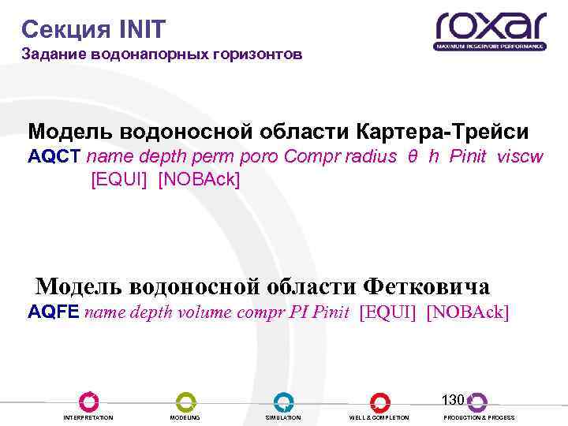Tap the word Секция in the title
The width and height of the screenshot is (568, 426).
click(66, 30)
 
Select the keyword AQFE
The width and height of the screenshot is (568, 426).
click(53, 312)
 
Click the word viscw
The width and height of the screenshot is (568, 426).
click(520, 155)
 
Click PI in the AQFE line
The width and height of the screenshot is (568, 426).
click(298, 312)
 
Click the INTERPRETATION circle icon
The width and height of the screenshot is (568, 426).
click(88, 402)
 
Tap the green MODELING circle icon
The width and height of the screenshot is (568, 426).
click(185, 402)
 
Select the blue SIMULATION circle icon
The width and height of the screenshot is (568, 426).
click(283, 402)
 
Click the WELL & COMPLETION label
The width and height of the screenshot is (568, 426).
click(379, 417)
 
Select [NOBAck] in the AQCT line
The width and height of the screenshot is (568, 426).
click(199, 179)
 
